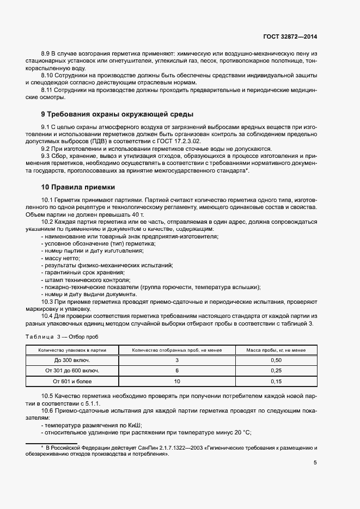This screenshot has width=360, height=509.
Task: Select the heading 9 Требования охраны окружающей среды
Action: pyautogui.click(x=118, y=114)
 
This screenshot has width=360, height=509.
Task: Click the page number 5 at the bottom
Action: pyautogui.click(x=315, y=463)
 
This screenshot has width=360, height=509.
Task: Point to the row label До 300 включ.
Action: pyautogui.click(x=72, y=360)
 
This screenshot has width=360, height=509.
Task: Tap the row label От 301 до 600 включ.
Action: pyautogui.click(x=72, y=371)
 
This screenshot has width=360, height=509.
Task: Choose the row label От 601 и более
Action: pyautogui.click(x=72, y=381)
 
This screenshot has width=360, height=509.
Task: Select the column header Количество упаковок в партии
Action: pyautogui.click(x=72, y=350)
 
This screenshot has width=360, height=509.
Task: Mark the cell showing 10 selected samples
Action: pyautogui.click(x=177, y=381)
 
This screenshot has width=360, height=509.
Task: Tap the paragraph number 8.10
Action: pyautogui.click(x=48, y=75)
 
